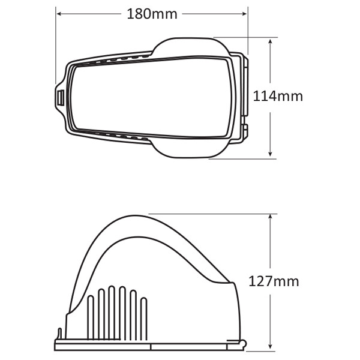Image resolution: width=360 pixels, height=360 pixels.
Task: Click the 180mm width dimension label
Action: (x=152, y=14)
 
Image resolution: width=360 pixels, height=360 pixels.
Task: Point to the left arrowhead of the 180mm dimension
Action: (x=58, y=13)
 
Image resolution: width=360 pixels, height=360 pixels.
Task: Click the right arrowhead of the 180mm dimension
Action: (x=246, y=13)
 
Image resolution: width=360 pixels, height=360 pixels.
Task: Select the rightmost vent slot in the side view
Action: (x=144, y=318)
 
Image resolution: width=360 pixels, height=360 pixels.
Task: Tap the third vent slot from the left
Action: (x=112, y=312)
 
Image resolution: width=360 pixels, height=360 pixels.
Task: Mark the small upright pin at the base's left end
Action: (x=59, y=334)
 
